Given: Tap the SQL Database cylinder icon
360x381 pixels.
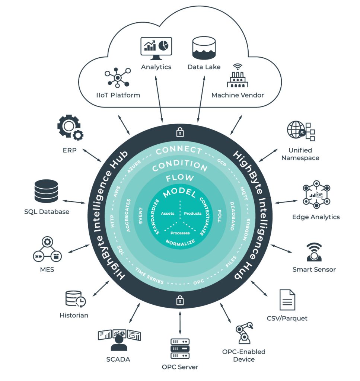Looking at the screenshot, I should [46, 190].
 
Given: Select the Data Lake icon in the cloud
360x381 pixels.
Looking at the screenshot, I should [204, 48].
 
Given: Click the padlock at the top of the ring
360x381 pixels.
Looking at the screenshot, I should [180, 132].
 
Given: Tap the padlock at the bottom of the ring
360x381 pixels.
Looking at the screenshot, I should [180, 299].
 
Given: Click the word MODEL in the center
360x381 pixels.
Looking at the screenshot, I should [180, 193].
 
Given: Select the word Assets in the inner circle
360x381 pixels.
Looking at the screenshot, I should [168, 214].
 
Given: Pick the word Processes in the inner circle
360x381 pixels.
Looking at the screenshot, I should [180, 233].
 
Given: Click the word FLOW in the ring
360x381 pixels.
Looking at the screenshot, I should [180, 178].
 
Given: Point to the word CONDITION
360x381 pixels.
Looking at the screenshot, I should [180, 165].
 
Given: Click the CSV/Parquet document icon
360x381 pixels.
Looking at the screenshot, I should [287, 300].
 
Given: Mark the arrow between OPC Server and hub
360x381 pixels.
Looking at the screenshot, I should [180, 320].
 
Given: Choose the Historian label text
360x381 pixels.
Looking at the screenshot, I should [74, 315].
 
